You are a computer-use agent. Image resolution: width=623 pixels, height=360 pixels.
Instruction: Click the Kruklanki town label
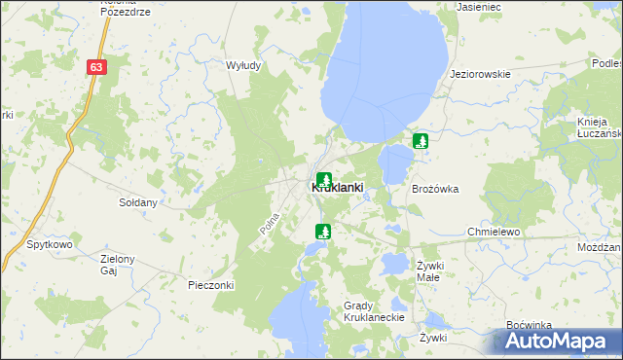click(x=337, y=188)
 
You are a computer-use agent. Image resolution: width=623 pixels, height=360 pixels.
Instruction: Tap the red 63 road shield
click(x=95, y=67)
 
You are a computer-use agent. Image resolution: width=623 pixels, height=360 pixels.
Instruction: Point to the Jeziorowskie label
click(x=480, y=74)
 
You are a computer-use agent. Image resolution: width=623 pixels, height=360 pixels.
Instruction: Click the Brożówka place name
click(x=435, y=189)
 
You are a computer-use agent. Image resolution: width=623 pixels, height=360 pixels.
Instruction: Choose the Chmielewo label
click(x=495, y=234)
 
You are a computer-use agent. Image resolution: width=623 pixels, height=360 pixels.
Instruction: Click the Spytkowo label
click(x=50, y=245)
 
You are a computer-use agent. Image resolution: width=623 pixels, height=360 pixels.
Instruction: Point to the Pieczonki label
click(x=211, y=286)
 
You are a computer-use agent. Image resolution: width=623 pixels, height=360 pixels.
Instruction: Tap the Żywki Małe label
click(x=429, y=270)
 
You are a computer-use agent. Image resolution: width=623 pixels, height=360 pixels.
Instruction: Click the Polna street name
click(x=270, y=224)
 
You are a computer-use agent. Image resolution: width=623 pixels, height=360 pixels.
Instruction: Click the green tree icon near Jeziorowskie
click(x=421, y=141)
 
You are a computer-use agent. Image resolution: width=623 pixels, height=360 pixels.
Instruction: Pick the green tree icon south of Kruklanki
click(x=323, y=232)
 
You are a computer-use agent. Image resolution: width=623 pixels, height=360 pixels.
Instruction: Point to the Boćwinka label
click(x=530, y=325)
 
